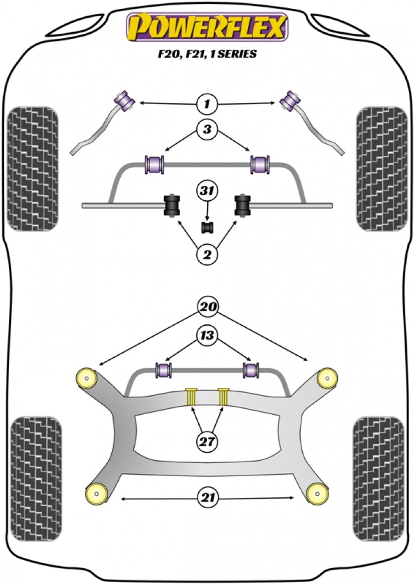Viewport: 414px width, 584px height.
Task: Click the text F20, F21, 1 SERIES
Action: [x=207, y=54]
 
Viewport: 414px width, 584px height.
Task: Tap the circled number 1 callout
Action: [x=207, y=104]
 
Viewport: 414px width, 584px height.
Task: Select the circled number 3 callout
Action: [x=207, y=129]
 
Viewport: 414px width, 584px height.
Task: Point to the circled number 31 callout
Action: [x=207, y=191]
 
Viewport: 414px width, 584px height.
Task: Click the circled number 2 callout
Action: [x=207, y=254]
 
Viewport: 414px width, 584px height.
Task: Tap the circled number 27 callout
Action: [x=207, y=441]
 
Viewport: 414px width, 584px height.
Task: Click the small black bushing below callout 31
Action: [x=208, y=228]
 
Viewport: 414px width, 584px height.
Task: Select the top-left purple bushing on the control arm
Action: [x=124, y=99]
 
